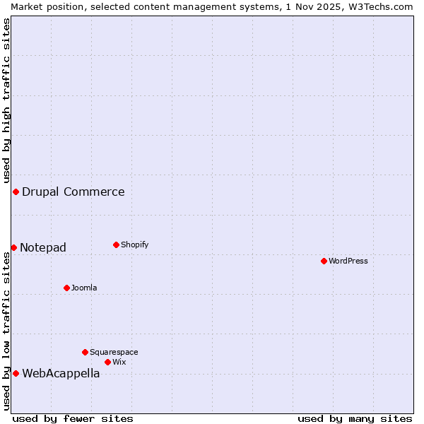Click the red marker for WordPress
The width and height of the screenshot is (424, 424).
tap(324, 261)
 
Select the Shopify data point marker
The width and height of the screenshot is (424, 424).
tap(116, 245)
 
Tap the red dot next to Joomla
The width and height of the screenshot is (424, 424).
tap(66, 288)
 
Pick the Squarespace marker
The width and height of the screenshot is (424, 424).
tap(85, 352)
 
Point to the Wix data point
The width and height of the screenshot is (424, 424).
tap(107, 362)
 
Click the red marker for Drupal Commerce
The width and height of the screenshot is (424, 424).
tap(16, 192)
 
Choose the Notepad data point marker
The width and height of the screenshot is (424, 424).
tap(13, 247)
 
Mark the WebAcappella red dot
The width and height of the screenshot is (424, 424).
tap(16, 373)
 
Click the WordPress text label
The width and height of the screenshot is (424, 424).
tap(348, 261)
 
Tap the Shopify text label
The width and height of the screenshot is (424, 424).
tap(134, 245)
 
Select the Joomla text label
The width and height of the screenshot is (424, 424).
tap(84, 288)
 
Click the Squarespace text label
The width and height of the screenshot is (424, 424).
tap(114, 352)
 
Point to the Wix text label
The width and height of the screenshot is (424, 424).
tap(119, 362)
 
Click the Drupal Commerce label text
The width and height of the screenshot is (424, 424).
tap(73, 192)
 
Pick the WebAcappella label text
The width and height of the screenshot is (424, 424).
tap(61, 373)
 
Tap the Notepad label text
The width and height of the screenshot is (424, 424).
tap(43, 247)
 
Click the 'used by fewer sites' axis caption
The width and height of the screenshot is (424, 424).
tap(73, 418)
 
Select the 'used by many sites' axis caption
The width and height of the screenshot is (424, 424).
tap(355, 418)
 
